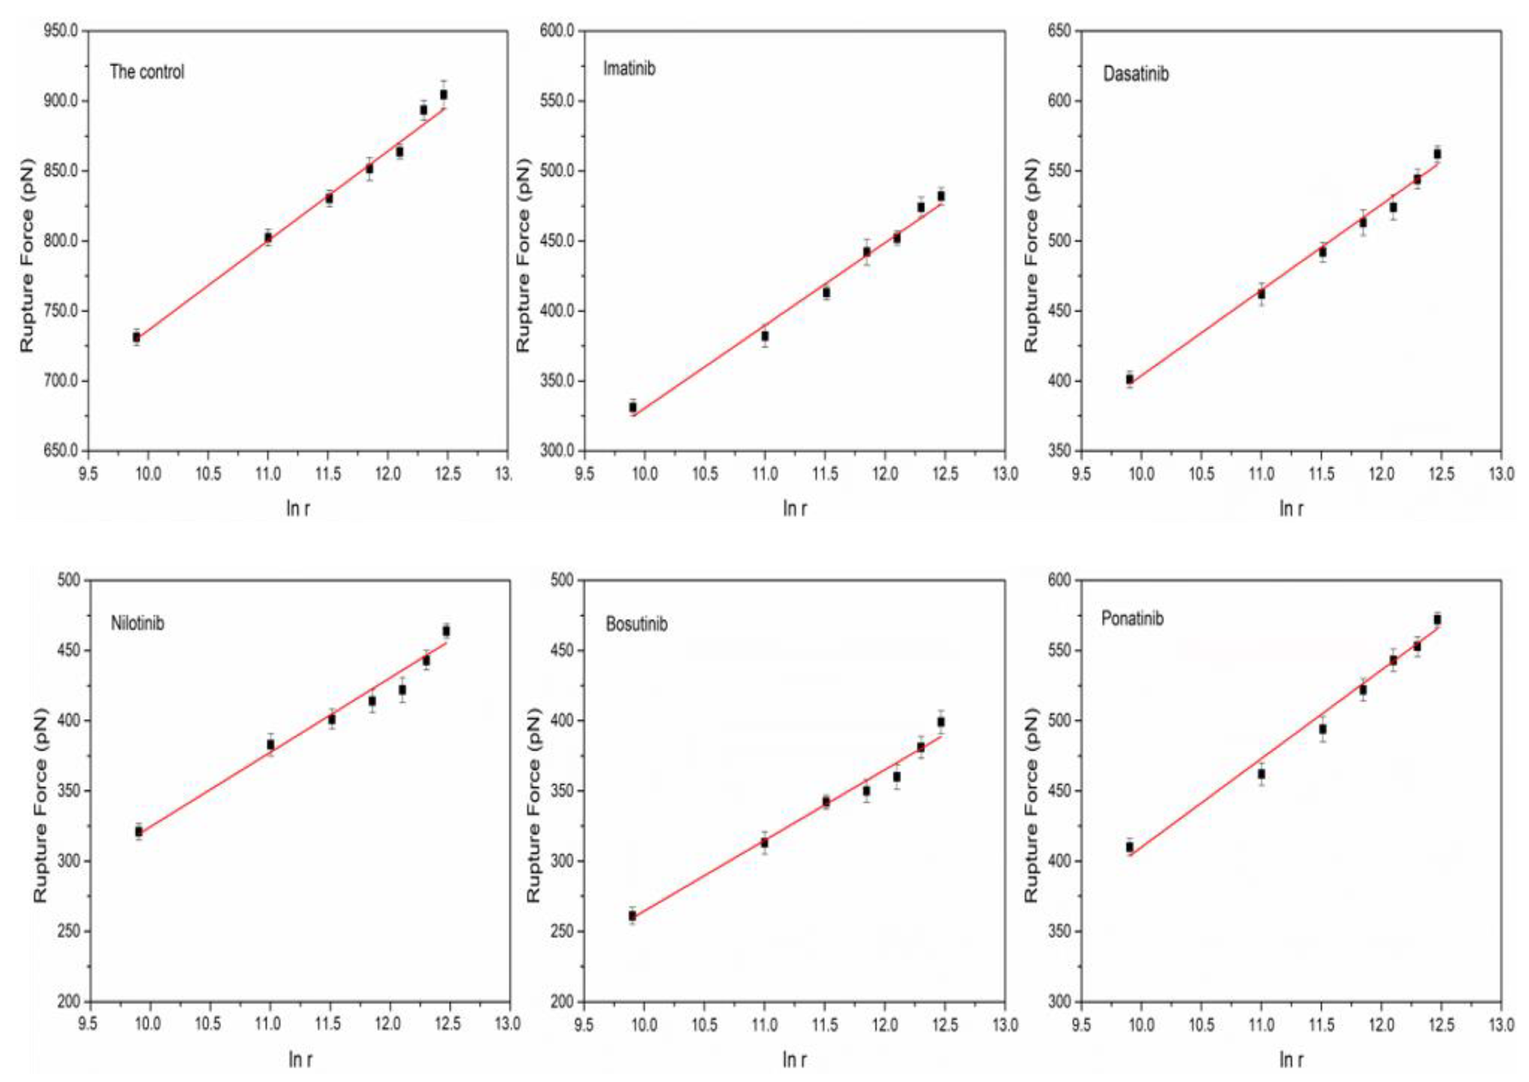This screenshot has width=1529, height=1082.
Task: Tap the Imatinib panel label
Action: tap(629, 69)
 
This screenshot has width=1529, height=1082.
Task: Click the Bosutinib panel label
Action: tap(636, 624)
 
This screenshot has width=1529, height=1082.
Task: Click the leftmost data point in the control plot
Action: tap(136, 338)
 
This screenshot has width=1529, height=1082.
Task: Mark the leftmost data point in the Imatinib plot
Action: tap(633, 407)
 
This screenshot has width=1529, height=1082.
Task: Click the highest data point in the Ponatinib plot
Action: tap(1437, 620)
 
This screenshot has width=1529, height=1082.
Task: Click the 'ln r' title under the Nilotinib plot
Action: tap(298, 1059)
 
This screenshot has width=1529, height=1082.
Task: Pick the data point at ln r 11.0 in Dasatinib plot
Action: tap(1261, 294)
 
